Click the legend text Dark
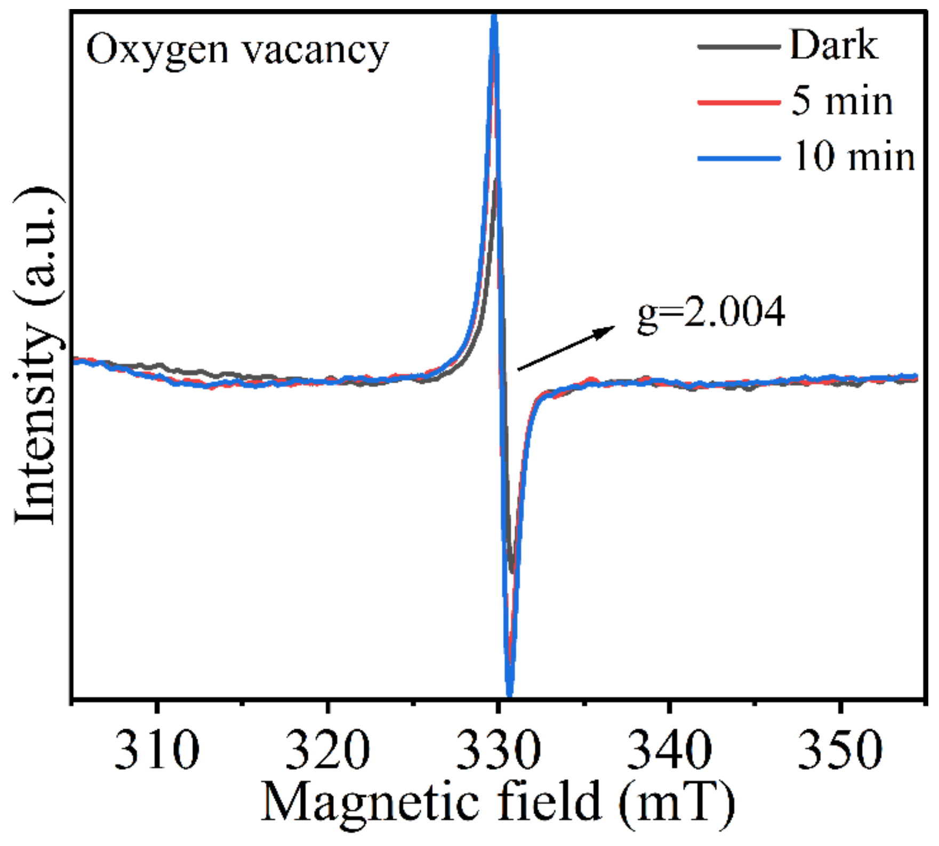[x=833, y=46]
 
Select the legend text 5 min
[x=842, y=101]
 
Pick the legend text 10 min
[x=854, y=157]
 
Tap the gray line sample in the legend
[x=739, y=47]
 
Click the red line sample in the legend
[x=739, y=102]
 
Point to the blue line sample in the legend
[x=739, y=158]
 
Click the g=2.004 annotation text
[x=711, y=313]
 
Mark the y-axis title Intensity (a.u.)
[x=36, y=356]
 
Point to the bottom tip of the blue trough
[x=509, y=695]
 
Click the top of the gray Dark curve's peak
[x=496, y=181]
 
